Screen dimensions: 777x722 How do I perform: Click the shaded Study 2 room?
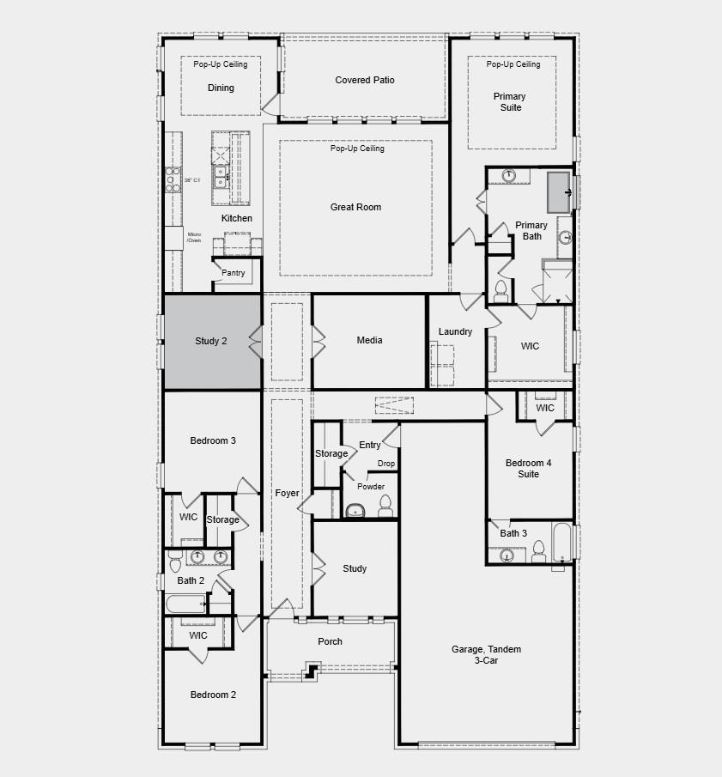pos(212,342)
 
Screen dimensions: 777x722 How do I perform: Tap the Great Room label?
pos(355,207)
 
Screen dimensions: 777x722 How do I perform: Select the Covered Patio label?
pos(364,80)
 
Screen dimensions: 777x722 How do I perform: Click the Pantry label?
pos(233,273)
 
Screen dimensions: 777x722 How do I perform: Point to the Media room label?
pos(369,341)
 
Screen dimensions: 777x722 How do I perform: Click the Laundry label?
pos(455,331)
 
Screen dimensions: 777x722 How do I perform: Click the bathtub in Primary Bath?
pos(559,191)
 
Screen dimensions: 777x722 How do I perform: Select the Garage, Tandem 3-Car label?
pos(486,655)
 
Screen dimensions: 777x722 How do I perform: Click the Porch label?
pos(330,641)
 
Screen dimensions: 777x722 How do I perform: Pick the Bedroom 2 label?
pos(212,695)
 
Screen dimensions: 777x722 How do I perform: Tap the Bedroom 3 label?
pos(212,440)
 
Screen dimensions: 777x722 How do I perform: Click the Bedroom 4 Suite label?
pos(528,468)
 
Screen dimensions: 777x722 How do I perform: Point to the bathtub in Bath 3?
pos(561,542)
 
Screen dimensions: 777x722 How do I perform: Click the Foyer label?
pos(287,493)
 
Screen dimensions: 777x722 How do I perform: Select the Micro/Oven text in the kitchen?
pos(194,237)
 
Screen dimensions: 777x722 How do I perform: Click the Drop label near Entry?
pos(386,464)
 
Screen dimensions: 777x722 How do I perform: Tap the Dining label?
pos(221,88)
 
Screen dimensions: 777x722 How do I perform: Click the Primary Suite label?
pos(509,102)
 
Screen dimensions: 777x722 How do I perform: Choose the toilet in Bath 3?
pos(537,549)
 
